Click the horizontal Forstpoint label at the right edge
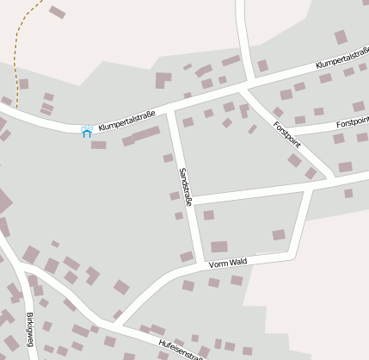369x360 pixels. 353,123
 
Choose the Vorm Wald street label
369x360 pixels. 228,262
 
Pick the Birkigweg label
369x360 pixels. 30,329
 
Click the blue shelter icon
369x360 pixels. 86,131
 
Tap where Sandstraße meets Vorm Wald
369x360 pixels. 200,262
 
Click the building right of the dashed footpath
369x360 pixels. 57,12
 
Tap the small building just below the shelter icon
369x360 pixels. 99,145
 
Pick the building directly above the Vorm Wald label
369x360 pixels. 219,246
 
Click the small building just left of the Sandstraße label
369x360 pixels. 169,158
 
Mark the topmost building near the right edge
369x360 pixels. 341,37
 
